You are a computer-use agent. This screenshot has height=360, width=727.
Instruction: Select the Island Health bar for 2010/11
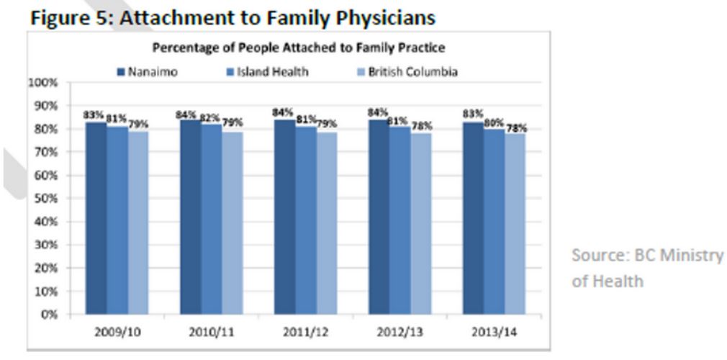coord(212,220)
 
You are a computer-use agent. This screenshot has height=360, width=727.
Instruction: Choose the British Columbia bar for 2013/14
coord(515,224)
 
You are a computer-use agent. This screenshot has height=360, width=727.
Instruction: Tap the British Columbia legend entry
coord(406,72)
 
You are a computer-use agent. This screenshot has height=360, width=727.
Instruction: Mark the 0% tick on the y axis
coord(48,315)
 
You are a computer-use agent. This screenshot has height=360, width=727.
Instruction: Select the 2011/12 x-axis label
coord(306,333)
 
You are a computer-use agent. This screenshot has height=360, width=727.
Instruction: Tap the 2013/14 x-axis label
coord(495,333)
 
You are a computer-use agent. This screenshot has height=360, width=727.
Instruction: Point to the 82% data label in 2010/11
coord(211,117)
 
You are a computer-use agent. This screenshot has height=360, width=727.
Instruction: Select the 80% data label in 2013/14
coord(494,122)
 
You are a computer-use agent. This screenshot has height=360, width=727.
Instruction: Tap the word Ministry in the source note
coord(692,257)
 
